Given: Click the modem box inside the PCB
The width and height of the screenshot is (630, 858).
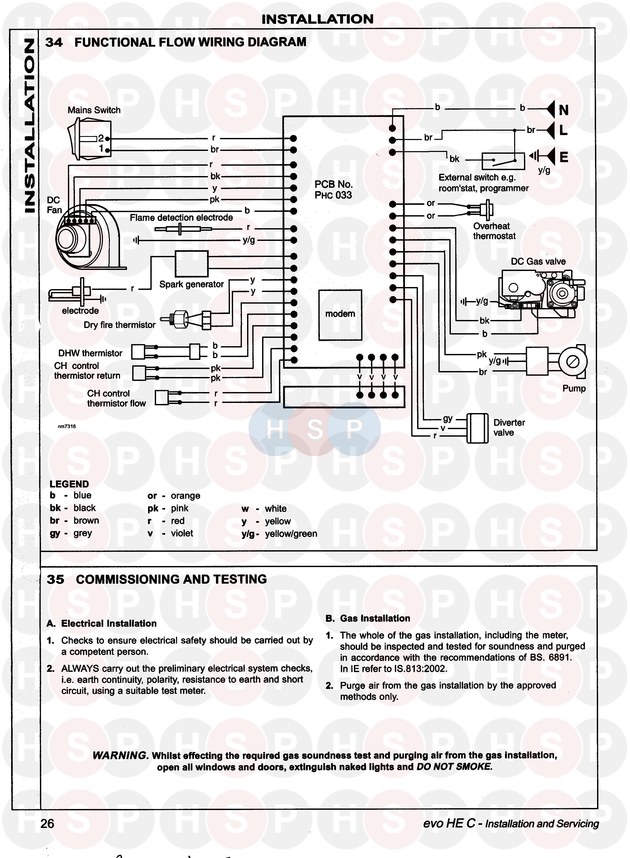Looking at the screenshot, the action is [x=340, y=315].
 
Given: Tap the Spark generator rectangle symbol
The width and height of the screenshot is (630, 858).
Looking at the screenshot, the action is [x=191, y=263].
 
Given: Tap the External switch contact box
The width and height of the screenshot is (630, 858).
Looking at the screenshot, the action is [x=503, y=161].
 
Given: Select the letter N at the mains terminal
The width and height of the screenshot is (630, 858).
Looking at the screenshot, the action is [x=564, y=110].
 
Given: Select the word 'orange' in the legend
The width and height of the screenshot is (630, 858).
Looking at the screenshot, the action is [x=185, y=496].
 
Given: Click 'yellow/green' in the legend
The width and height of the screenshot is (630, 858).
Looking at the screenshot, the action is [x=291, y=534].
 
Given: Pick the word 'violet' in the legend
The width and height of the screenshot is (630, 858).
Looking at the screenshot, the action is [x=182, y=533].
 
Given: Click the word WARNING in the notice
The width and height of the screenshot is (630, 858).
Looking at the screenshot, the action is [x=120, y=755].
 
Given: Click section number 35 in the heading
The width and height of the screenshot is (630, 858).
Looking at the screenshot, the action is [x=55, y=580].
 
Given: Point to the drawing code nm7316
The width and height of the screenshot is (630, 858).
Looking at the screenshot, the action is [x=67, y=426].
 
